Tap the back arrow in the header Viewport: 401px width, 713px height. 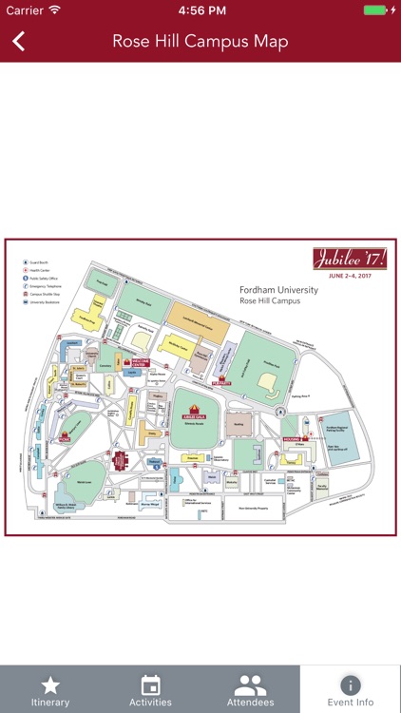coord(18,41)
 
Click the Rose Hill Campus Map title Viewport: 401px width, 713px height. coord(200,41)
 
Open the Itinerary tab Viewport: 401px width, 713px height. coord(50,690)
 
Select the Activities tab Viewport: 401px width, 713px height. coord(150,690)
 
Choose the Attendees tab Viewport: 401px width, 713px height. coord(251,690)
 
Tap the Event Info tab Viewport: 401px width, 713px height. coord(351,690)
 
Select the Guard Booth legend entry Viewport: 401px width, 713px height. coord(40,261)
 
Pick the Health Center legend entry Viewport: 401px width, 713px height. coord(40,269)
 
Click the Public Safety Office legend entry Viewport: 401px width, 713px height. coord(42,278)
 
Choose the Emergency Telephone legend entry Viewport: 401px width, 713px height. coord(43,286)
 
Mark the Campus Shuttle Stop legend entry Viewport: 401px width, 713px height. coord(43,295)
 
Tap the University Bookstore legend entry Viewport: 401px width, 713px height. coord(43,303)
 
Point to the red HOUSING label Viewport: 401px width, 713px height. coord(290,439)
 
